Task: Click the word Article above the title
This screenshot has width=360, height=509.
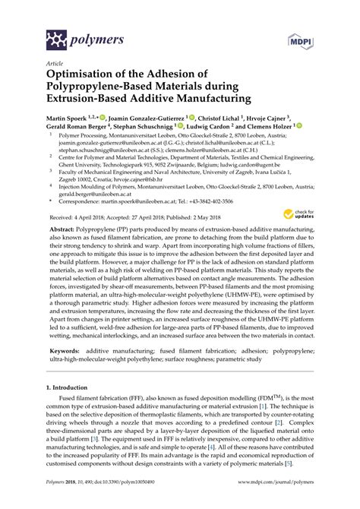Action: tap(55, 63)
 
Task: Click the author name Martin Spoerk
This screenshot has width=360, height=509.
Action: tap(68, 119)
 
